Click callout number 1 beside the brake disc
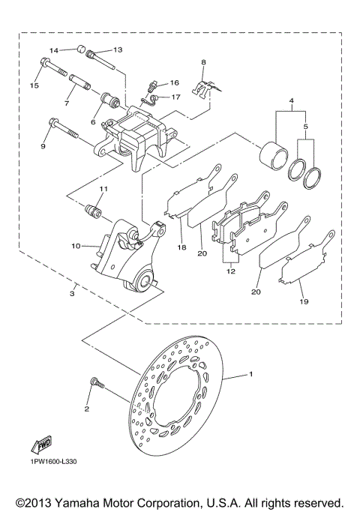(x=252, y=373)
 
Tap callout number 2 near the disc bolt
(x=87, y=409)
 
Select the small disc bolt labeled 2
(x=94, y=384)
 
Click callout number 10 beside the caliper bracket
(x=76, y=245)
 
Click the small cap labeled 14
(x=78, y=51)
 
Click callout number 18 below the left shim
(x=182, y=247)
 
